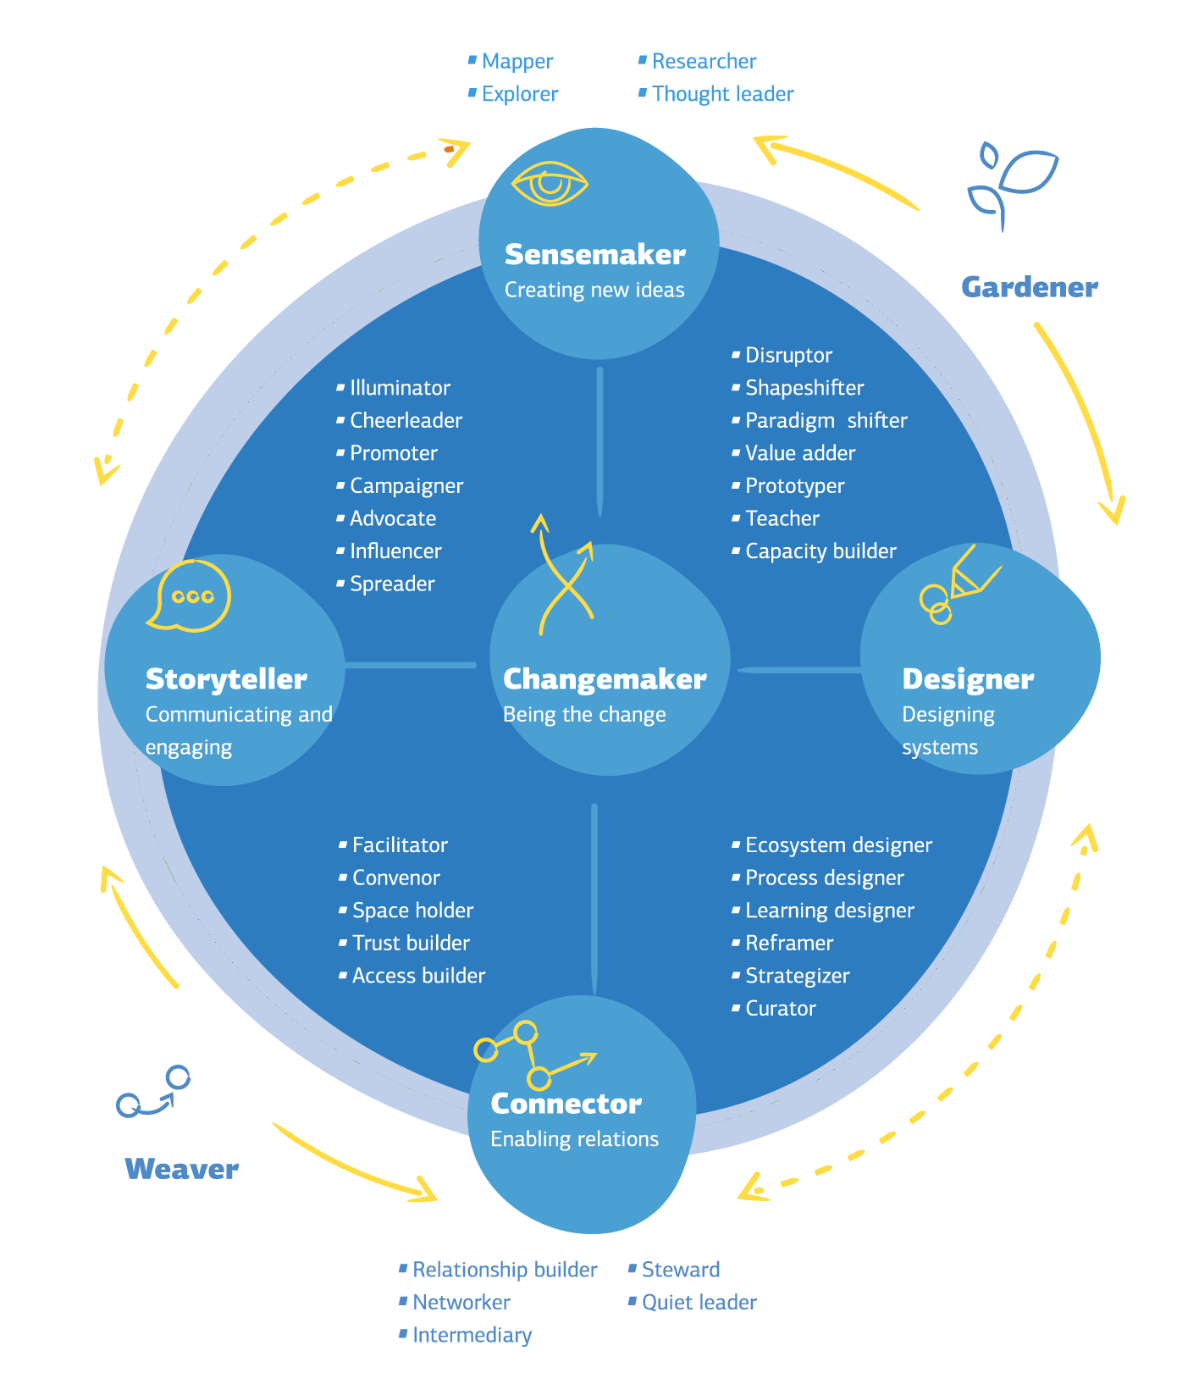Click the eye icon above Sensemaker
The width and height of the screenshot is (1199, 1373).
pos(550,184)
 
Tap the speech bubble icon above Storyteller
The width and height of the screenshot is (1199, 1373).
pos(191,595)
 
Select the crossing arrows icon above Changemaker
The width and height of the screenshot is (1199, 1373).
pos(565,577)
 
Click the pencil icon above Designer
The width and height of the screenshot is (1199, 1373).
pos(960,584)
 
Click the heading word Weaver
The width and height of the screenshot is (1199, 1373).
pos(181,1169)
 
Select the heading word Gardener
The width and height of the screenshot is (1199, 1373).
pos(1029,287)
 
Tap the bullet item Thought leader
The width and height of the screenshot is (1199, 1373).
pos(722,94)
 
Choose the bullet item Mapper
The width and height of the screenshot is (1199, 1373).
pos(517,61)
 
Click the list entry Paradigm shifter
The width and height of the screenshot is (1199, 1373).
pos(825,420)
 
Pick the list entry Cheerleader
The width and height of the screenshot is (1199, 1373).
pos(406,420)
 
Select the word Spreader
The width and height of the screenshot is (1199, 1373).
pos(392,584)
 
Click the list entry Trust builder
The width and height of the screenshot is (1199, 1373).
pos(411,943)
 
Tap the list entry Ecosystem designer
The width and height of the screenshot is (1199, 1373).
pos(837,845)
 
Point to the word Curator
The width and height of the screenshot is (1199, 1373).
pos(780,1008)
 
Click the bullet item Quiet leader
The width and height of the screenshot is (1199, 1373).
pos(699,1302)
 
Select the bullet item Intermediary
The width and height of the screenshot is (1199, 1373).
pos(472,1335)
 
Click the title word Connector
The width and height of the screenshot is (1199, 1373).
pos(566,1104)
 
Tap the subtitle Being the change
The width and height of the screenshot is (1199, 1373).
pos(584,714)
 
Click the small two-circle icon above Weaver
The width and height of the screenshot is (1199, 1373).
pos(153,1091)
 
